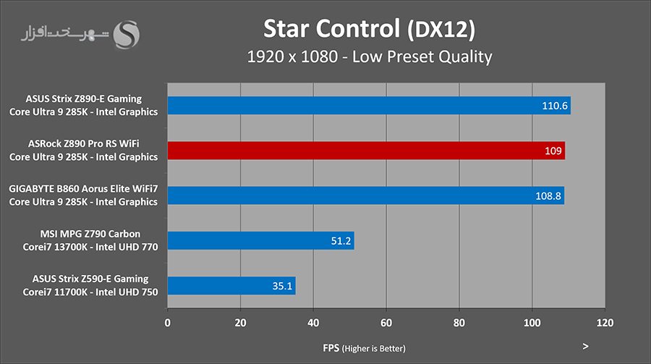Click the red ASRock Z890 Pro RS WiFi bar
tap(366, 151)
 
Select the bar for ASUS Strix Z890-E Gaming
tap(369, 106)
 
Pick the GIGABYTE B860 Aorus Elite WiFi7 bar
tap(365, 195)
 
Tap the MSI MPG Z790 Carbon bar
tap(260, 240)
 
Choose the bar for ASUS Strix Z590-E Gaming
tap(231, 285)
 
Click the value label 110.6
tap(556, 106)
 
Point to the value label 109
tap(553, 151)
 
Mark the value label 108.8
tap(548, 195)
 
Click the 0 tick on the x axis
tap(168, 323)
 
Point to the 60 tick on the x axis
tap(386, 323)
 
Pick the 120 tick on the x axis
tap(605, 323)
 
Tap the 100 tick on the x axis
tap(532, 323)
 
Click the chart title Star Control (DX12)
tap(369, 28)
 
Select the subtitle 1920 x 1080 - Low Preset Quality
tap(369, 56)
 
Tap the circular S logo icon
tap(129, 34)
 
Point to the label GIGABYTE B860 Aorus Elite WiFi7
tap(83, 189)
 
